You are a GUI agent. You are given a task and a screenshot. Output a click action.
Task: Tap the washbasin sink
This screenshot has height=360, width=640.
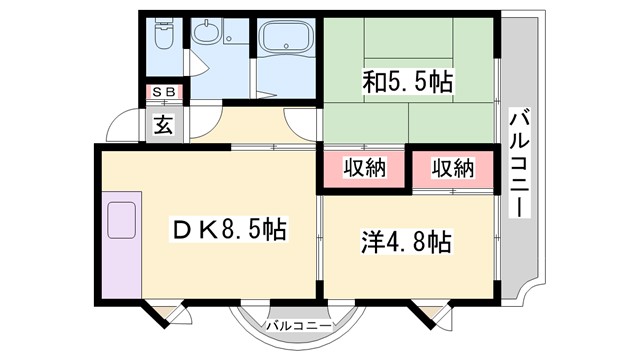pyautogui.click(x=207, y=36)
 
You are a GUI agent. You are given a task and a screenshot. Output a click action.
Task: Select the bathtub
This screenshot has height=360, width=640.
pyautogui.click(x=286, y=43)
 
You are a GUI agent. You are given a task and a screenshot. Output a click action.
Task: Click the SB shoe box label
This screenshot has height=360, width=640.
pyautogui.click(x=163, y=93)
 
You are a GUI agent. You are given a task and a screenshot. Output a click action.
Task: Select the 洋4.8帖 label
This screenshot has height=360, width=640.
pyautogui.click(x=405, y=241)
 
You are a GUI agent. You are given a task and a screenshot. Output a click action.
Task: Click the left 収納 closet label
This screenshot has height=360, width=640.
pyautogui.click(x=364, y=169)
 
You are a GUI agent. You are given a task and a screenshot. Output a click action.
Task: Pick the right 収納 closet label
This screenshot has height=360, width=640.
pyautogui.click(x=452, y=169)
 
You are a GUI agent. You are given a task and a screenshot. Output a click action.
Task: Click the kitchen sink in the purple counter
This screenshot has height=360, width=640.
pyautogui.click(x=122, y=219)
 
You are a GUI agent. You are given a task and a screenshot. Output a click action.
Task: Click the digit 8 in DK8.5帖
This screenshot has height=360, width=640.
pyautogui.click(x=234, y=231)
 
